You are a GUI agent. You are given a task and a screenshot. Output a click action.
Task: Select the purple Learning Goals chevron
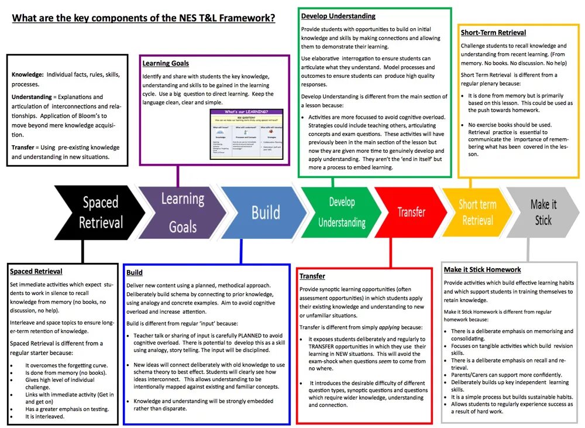[183, 213]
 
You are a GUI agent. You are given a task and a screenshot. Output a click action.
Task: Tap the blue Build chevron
[265, 213]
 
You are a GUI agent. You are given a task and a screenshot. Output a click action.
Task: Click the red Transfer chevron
[411, 213]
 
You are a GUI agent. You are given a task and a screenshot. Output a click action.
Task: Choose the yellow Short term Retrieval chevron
[477, 213]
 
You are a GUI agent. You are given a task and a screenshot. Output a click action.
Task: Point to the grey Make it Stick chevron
[543, 213]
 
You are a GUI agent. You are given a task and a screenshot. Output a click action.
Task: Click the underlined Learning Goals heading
[166, 63]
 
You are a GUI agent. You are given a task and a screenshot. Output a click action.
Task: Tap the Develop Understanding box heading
[338, 16]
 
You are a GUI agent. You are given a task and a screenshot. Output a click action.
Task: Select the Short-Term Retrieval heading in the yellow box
[493, 33]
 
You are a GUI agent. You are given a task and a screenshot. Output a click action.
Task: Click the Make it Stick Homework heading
[482, 270]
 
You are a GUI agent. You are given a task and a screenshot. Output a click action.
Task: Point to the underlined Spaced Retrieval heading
[36, 272]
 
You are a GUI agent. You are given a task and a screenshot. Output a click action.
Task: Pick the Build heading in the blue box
[134, 273]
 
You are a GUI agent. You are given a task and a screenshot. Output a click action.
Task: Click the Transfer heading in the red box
[312, 276]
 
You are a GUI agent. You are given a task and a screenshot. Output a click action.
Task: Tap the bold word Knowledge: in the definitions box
[27, 75]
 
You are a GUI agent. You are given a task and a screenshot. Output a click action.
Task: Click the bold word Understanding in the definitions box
[32, 97]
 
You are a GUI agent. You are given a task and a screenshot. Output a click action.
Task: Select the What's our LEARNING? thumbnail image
[246, 133]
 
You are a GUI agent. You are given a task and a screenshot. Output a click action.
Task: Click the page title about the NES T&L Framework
[144, 18]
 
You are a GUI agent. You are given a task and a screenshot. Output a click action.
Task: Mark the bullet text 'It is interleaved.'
[44, 416]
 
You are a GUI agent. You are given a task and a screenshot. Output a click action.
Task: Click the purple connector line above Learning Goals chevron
[178, 175]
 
